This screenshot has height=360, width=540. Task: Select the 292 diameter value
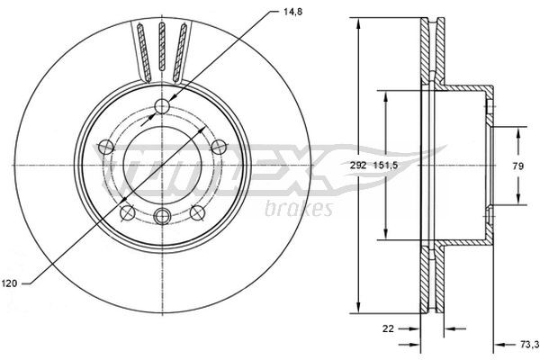(359, 165)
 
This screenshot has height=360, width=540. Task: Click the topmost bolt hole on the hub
(162, 107)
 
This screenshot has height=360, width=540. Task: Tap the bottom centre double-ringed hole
(162, 216)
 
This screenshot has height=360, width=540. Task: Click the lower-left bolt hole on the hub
(128, 212)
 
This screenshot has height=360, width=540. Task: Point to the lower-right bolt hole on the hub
(196, 212)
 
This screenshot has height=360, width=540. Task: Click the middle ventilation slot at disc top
(162, 49)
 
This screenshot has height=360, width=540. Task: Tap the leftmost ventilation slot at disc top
(142, 51)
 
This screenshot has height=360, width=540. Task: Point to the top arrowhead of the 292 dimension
(359, 20)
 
